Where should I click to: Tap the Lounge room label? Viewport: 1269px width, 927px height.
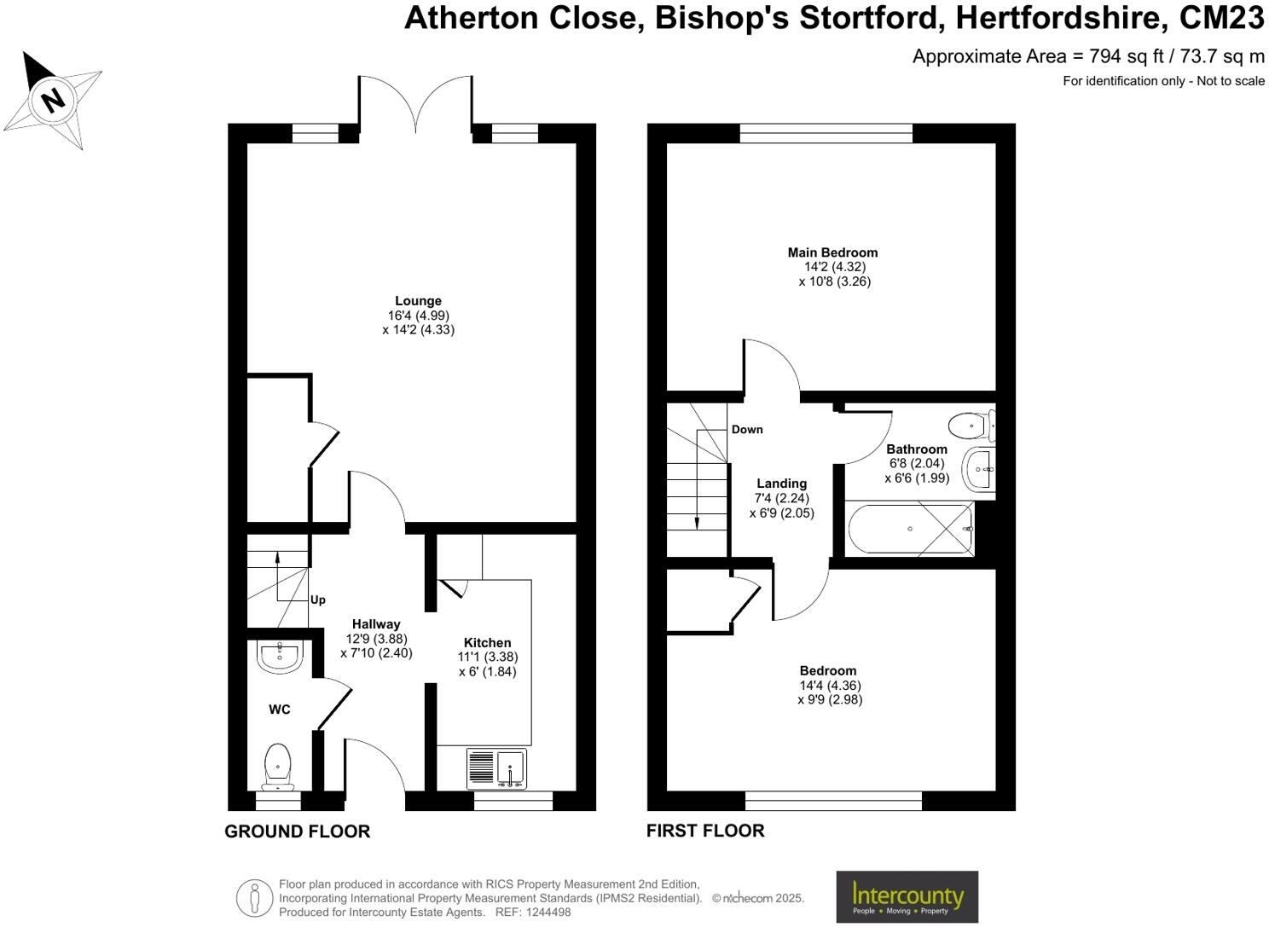[418, 301]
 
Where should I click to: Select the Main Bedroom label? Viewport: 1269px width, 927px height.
[832, 252]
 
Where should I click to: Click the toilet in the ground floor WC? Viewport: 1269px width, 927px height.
[278, 764]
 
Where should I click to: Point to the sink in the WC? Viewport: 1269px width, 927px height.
[279, 657]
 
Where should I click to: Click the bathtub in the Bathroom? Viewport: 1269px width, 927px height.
[910, 530]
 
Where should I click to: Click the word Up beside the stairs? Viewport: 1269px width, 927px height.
[318, 600]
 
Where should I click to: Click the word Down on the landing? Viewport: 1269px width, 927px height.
[747, 429]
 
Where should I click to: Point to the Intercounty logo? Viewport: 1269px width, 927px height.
[907, 896]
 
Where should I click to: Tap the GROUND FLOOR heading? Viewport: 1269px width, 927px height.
[297, 831]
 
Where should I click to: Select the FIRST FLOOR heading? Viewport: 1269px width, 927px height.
[705, 831]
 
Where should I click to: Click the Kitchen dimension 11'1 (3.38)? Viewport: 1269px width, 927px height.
[488, 657]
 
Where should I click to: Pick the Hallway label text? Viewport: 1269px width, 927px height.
[375, 624]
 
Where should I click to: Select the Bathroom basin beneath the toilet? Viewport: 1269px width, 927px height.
[979, 469]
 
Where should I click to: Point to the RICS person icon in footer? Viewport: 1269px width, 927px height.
[254, 898]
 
